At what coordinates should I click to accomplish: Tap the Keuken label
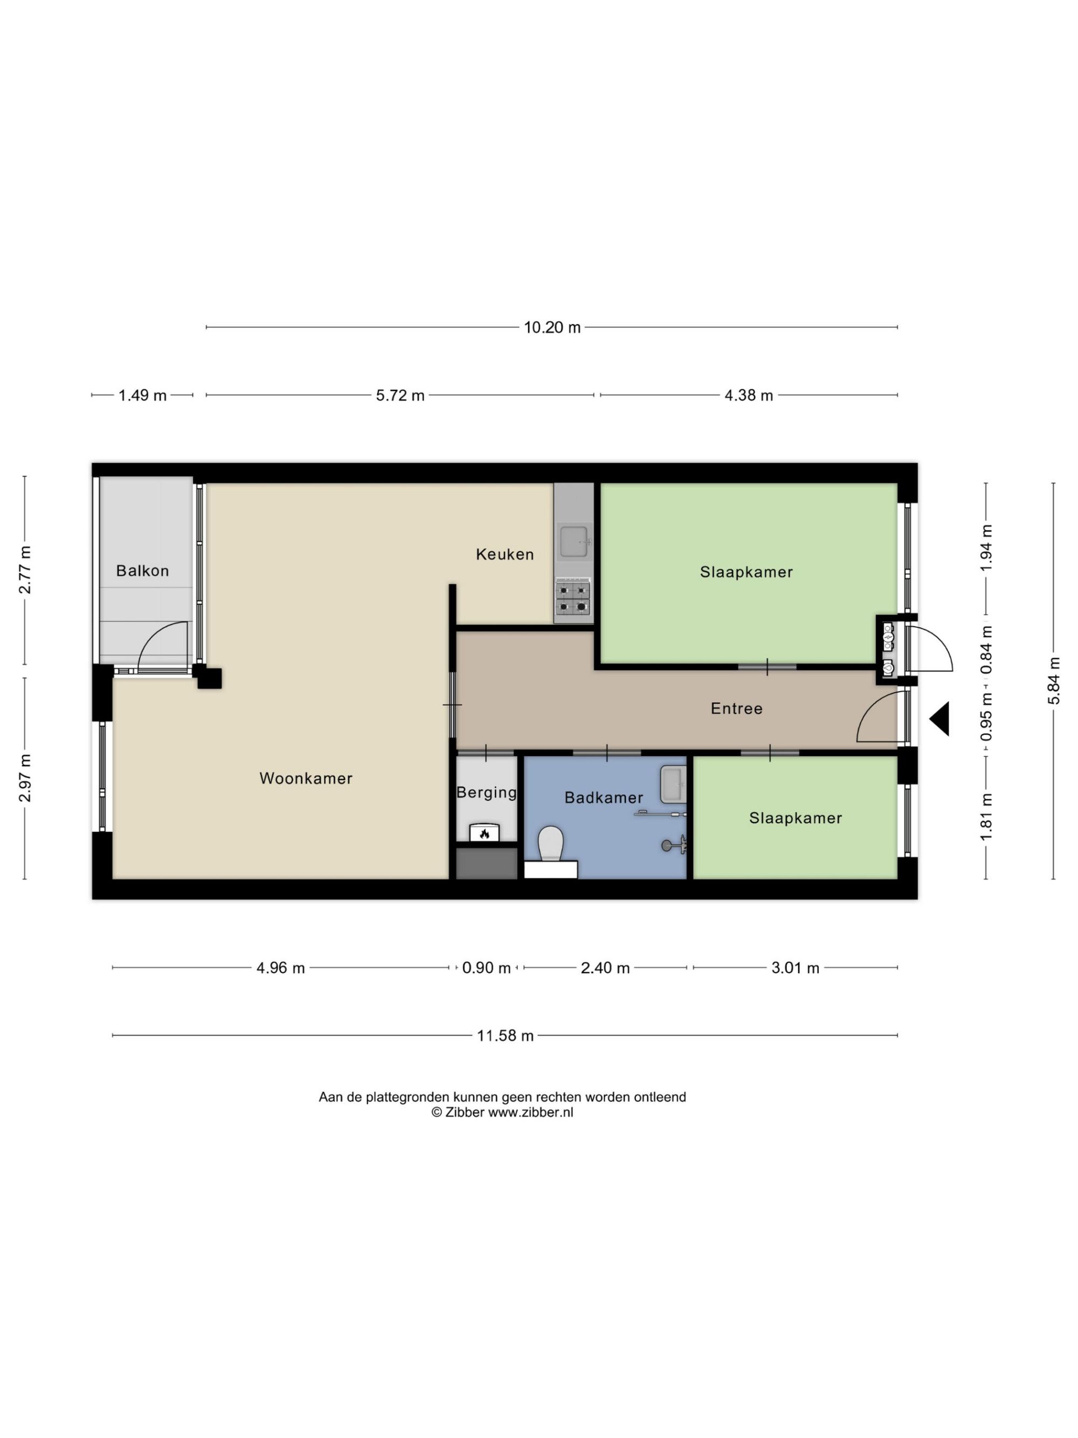click(x=505, y=554)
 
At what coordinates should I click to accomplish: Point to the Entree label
click(x=736, y=708)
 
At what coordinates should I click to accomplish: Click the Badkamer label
click(x=604, y=797)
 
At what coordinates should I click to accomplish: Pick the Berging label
click(x=487, y=793)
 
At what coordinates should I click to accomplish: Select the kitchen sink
click(x=575, y=541)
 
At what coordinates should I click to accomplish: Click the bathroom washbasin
click(x=673, y=784)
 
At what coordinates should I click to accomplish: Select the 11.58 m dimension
click(x=505, y=1035)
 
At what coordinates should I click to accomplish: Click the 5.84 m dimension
click(x=1053, y=680)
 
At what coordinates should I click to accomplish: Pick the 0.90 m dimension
click(x=486, y=967)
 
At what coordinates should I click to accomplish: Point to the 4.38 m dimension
click(x=749, y=395)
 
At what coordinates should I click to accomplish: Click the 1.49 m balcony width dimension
click(x=142, y=395)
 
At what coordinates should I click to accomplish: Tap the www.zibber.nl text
click(x=530, y=1112)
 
